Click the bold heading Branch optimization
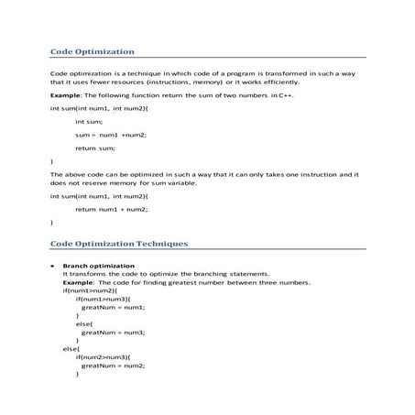pos(93,265)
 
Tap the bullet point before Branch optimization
pos(52,265)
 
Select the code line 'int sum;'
pos(89,121)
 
